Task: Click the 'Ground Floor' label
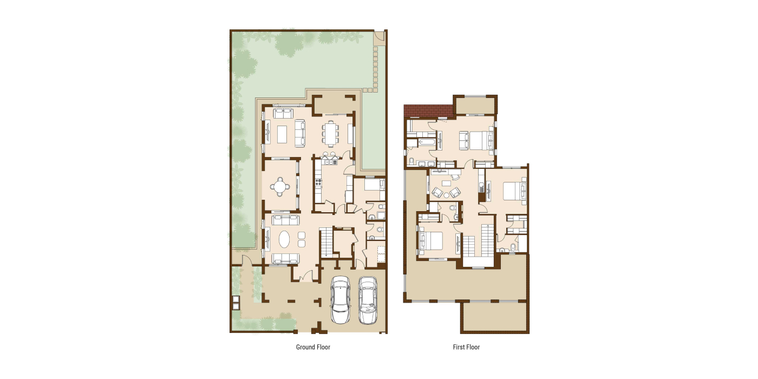tap(313, 347)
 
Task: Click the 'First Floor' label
tap(466, 347)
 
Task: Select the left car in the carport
tap(341, 300)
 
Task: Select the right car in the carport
tap(368, 300)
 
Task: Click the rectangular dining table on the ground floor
tap(330, 134)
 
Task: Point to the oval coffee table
tap(284, 239)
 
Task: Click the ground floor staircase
tap(325, 243)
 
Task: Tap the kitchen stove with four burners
tap(318, 183)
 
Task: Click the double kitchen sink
tap(329, 162)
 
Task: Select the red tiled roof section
tap(429, 110)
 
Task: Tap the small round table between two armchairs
tap(446, 195)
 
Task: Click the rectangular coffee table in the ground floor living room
tap(282, 134)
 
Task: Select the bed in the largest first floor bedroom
tap(478, 140)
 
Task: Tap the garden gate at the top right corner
tap(380, 37)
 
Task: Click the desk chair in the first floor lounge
tap(455, 177)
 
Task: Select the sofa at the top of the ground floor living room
tap(283, 113)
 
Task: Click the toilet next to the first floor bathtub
tap(412, 161)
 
